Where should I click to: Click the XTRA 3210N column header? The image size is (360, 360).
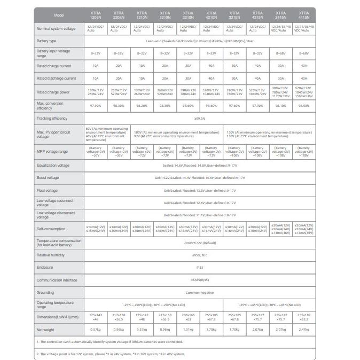[188, 15]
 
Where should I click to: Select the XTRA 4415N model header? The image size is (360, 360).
[304, 15]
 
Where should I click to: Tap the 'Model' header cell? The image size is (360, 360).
[58, 15]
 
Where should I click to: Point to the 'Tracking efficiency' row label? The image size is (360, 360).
[52, 118]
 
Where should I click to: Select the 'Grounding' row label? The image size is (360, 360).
[45, 292]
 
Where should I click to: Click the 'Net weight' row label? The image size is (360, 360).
[46, 330]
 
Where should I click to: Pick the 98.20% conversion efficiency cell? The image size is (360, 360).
[142, 106]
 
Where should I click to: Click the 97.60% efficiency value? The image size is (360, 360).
[234, 106]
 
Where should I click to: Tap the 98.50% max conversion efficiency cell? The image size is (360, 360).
[304, 106]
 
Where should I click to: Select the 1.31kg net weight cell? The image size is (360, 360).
[188, 330]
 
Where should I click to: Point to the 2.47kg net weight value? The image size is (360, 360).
[304, 330]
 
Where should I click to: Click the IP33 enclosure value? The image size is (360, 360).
[200, 268]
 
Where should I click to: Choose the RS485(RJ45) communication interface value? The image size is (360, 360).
[200, 280]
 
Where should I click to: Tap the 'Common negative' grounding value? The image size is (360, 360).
[200, 292]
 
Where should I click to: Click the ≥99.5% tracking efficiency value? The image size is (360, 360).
[200, 118]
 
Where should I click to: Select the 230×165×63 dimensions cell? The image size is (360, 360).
[188, 317]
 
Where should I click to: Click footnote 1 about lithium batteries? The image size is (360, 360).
[110, 341]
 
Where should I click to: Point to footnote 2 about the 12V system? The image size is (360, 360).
[111, 354]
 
